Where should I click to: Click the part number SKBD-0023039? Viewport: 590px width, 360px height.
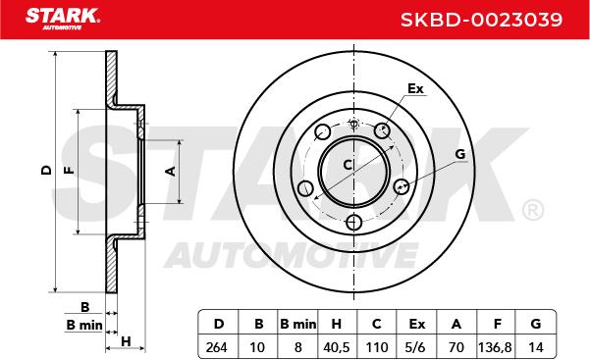pos(481,20)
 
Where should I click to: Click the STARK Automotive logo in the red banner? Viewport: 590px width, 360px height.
pos(63,19)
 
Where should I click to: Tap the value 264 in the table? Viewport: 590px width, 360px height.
pos(217,347)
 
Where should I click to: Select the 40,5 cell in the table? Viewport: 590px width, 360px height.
pos(337,347)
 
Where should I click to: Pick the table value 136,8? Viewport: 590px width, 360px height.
pos(495,347)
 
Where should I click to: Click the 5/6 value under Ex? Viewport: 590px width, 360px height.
pos(416,347)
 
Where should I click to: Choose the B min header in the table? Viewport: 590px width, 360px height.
pos(298,324)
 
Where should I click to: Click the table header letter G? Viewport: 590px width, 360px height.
pos(535,324)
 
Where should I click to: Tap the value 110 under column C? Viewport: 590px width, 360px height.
pos(377,347)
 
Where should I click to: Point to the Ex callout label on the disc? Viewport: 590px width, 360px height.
pos(415,89)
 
